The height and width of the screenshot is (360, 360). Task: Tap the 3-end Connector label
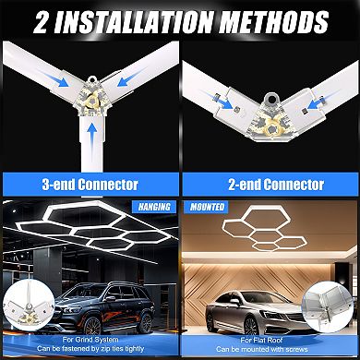tap(90, 184)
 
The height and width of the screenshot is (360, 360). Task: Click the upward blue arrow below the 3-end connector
tap(90, 144)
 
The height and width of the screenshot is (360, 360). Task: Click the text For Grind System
tap(90, 341)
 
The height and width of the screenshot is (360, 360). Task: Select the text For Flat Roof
tap(270, 341)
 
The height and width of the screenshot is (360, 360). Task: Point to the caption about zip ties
tap(90, 351)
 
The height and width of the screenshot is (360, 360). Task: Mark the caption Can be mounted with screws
tap(270, 351)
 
